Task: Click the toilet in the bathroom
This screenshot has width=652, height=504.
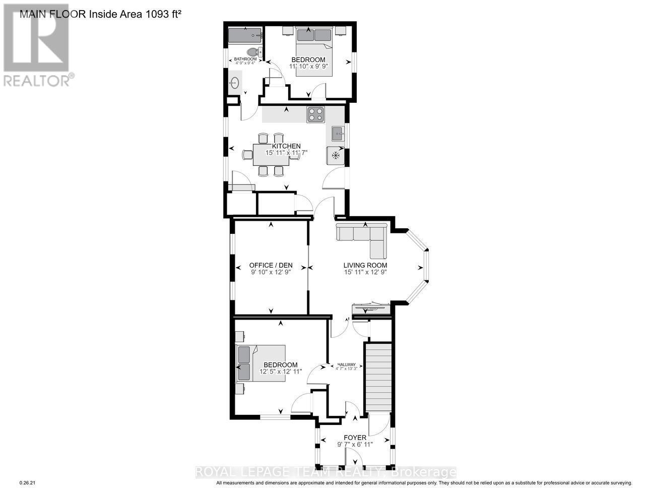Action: point(253,51)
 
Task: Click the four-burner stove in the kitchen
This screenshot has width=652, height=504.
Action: point(316,115)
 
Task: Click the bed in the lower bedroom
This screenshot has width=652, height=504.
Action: point(260,362)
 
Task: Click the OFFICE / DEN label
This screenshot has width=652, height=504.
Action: point(271,266)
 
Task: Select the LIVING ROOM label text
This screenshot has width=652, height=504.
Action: point(365,265)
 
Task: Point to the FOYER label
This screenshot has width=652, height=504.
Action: point(355,437)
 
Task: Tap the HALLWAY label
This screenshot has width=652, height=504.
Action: point(347,365)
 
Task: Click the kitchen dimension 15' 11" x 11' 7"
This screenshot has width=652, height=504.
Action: point(286,152)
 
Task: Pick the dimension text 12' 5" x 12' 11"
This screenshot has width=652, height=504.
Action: point(281,371)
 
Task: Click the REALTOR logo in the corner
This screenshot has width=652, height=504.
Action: point(36,45)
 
